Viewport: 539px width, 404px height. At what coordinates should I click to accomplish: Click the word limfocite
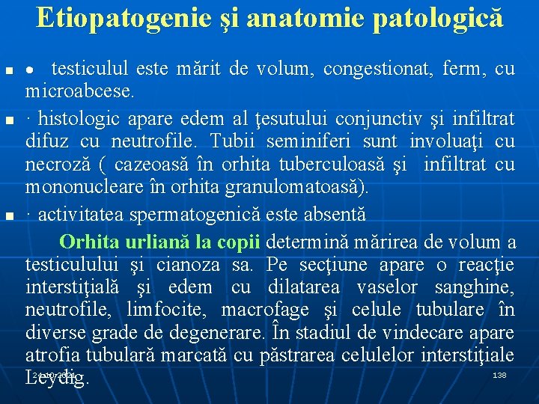pyautogui.click(x=165, y=310)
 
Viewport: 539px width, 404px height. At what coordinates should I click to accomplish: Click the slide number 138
pyautogui.click(x=500, y=374)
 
